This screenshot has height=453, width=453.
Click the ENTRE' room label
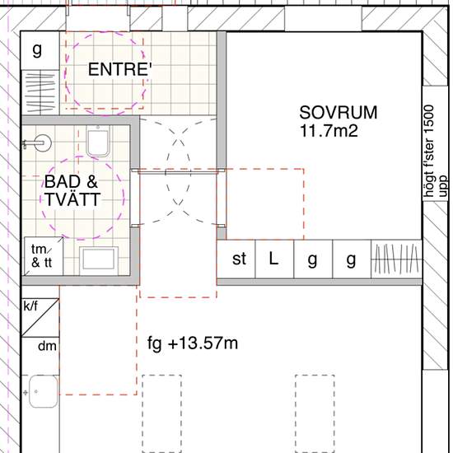point(120,69)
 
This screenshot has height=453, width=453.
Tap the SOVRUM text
point(339,112)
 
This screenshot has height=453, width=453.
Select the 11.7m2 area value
point(329,131)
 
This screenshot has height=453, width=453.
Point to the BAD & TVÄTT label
point(72,190)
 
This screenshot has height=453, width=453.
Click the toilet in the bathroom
point(98,142)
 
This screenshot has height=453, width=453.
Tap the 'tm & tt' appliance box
point(44,256)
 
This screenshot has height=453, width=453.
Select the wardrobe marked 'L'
point(274,259)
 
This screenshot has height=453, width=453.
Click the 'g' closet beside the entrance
point(40,50)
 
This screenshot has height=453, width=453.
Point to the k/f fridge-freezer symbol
point(40,317)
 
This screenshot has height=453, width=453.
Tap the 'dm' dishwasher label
point(47,346)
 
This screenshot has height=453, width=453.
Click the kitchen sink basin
point(44,391)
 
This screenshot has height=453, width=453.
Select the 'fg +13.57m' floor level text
point(193,343)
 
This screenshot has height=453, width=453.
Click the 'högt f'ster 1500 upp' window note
point(436,151)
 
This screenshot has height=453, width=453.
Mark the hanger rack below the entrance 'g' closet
point(40,92)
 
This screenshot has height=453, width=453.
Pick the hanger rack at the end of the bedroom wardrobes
point(396,259)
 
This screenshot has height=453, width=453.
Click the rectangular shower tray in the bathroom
point(99,259)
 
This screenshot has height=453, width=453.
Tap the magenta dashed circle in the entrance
point(105,73)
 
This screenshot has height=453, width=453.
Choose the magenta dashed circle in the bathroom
point(82,198)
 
